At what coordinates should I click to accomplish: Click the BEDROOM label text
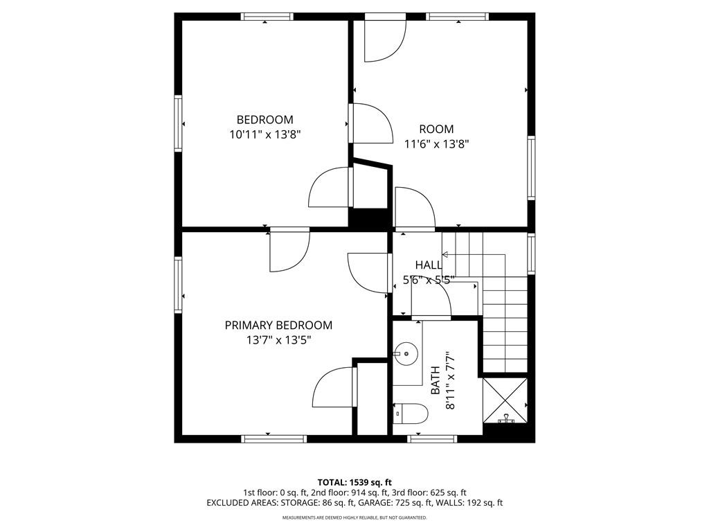coord(265,119)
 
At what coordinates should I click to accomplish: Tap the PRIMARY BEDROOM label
coord(278,326)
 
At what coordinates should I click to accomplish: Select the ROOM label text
coord(436,130)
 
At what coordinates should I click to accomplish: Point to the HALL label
coord(429,265)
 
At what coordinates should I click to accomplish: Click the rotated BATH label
coord(436,380)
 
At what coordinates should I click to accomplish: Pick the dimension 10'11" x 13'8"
coord(265,134)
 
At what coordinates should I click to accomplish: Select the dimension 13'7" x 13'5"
coord(279,339)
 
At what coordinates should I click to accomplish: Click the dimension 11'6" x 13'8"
coord(436,144)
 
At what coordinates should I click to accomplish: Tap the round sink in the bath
coord(406,353)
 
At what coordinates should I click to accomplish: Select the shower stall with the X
coord(505,400)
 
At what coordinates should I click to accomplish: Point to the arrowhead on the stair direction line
coord(445,255)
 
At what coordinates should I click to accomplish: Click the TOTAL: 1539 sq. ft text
coord(354,482)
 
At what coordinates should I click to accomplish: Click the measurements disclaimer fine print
coord(354,517)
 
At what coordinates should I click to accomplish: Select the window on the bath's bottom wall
coord(432,438)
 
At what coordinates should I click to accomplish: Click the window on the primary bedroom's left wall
coord(178,285)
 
